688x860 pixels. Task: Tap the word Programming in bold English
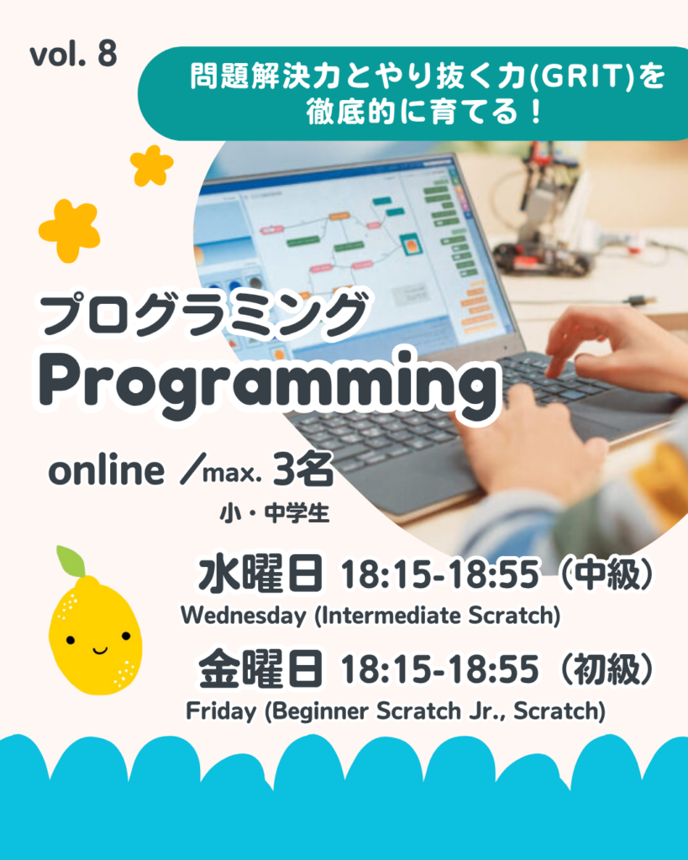tap(269, 385)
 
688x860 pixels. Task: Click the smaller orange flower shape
tap(151, 165)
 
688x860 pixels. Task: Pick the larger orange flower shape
tap(70, 230)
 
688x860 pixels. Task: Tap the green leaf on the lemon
tap(71, 560)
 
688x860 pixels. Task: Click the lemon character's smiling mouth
tap(100, 651)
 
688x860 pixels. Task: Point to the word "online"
tap(107, 470)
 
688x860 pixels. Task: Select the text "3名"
tap(303, 469)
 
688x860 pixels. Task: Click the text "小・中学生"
tap(275, 514)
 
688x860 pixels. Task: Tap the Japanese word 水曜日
tap(260, 574)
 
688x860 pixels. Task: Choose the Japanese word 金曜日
tap(260, 669)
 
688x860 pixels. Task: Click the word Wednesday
tap(244, 616)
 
